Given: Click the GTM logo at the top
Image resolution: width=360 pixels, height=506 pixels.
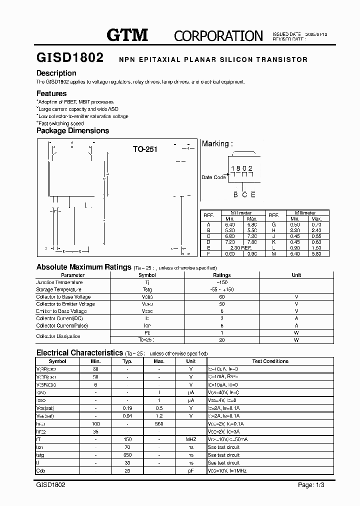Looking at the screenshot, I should coord(128,34).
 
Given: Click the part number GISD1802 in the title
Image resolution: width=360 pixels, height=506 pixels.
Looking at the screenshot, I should coord(70,58).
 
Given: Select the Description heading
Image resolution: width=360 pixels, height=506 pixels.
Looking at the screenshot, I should coord(56,73).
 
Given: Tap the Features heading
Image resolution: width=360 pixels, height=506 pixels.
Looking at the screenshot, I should coord(51,93).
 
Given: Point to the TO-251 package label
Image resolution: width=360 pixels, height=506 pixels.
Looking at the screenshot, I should coord(145,149).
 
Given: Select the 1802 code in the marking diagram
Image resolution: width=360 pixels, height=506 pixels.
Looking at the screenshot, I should coord(241,168).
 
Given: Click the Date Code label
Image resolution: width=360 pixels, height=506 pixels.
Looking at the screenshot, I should coord(214,177).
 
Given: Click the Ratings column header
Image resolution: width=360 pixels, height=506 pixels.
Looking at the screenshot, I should coord(222,275).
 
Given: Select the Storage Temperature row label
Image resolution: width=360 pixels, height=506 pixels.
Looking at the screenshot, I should coord(59,289).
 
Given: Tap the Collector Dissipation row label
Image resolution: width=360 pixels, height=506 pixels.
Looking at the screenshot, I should coord(58,336).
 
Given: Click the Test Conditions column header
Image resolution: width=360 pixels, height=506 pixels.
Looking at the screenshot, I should coord(270,361).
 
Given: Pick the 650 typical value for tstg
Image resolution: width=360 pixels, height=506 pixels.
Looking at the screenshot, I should coord(127,455).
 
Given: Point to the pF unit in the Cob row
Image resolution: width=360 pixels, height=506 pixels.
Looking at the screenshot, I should coord(190,471).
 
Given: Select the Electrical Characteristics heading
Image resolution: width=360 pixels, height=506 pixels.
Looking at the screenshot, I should coord(79,352).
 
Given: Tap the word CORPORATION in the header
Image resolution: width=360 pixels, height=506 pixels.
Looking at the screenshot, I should coord(218,35).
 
